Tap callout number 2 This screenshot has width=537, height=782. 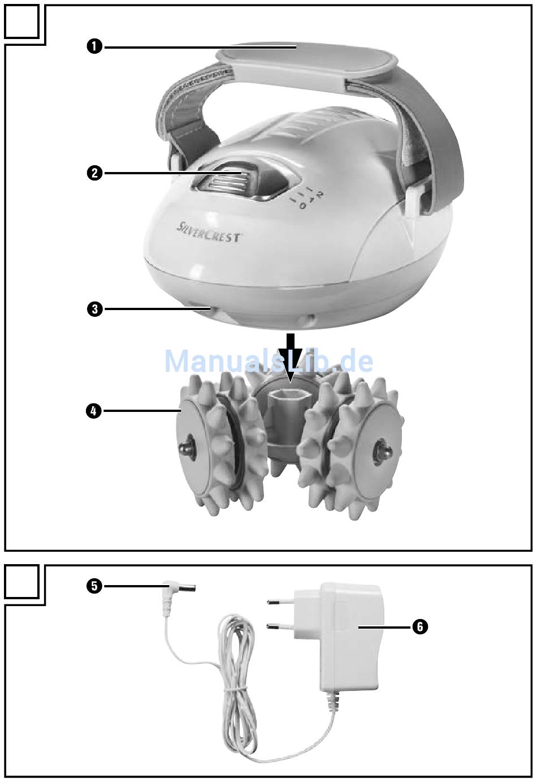95,173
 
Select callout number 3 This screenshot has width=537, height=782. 95,310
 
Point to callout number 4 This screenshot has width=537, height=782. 95,411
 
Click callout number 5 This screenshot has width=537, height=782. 95,586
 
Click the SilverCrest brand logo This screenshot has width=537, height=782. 208,233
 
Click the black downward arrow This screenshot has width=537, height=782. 290,354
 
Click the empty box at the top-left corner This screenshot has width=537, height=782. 22,22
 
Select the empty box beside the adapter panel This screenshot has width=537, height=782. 22,582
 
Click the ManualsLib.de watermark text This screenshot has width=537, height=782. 268,361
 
